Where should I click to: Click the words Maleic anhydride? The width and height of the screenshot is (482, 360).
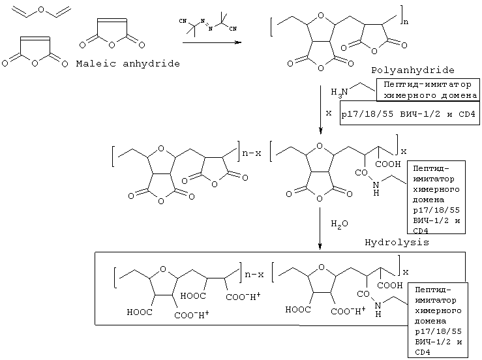(127, 63)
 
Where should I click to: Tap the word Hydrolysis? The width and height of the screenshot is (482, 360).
(397, 242)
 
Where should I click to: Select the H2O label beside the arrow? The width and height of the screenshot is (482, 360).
(339, 223)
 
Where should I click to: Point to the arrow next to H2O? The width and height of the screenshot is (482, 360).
(320, 228)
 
